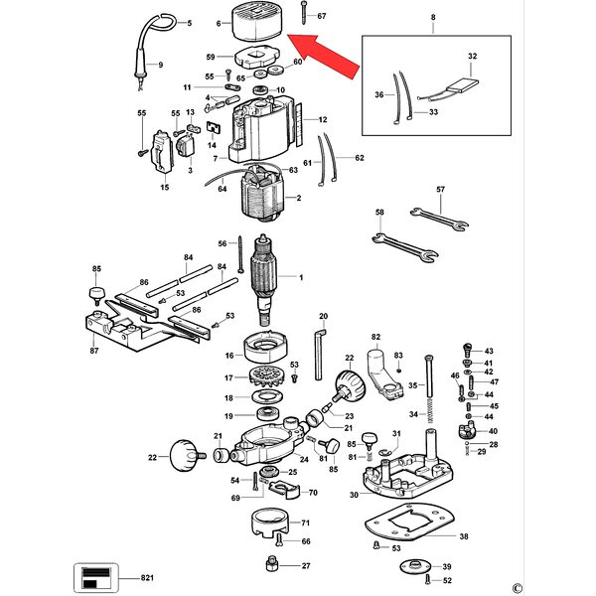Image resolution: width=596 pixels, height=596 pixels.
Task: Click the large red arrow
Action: (323, 56)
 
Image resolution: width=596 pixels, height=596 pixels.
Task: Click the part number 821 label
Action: (147, 578)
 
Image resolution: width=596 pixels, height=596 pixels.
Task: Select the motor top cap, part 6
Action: (257, 25)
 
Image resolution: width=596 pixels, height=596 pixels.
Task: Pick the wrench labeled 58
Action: (405, 247)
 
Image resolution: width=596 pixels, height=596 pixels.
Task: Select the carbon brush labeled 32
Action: (462, 85)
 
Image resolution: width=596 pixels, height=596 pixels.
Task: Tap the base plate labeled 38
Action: (409, 521)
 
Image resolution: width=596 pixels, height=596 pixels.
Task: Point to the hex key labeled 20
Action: (320, 355)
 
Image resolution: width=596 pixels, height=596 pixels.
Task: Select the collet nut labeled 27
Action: (271, 563)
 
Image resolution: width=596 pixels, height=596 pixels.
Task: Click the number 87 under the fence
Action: (94, 351)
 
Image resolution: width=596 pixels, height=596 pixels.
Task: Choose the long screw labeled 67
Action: (303, 13)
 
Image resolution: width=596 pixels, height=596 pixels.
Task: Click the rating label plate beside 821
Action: (96, 577)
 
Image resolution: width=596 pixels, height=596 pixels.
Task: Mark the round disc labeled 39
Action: (416, 567)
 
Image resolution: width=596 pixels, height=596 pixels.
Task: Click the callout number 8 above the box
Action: (433, 17)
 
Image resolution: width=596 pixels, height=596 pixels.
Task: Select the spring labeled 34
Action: (430, 411)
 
